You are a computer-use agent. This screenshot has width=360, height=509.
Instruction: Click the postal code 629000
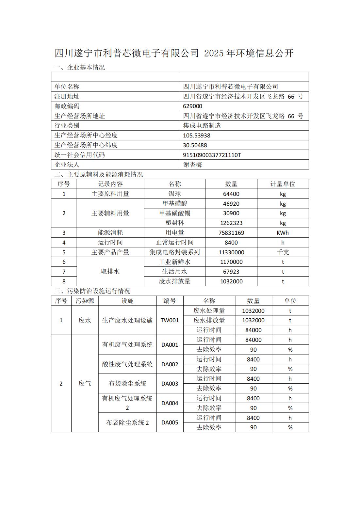tap(193, 106)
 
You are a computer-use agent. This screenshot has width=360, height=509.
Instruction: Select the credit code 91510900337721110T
tap(212, 155)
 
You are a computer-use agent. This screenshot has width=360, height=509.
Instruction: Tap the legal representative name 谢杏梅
tap(193, 165)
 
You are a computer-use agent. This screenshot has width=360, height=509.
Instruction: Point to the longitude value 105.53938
tap(197, 135)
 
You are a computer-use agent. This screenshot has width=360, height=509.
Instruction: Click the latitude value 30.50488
tap(195, 145)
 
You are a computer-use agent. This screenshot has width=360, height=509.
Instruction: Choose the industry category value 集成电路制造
tap(202, 125)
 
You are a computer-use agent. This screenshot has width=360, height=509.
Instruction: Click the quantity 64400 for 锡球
tap(231, 194)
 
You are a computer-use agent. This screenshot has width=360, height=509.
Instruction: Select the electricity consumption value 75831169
tap(231, 233)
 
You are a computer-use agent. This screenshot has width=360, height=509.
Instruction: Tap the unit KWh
tap(283, 233)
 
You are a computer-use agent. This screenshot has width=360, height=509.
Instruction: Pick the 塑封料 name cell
tap(174, 223)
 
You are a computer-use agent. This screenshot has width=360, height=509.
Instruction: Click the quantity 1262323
tap(231, 223)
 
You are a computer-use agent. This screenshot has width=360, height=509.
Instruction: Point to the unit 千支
tap(283, 252)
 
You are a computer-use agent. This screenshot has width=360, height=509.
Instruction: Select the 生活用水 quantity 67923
tap(231, 272)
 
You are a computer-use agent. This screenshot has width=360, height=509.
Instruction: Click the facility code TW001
tap(170, 320)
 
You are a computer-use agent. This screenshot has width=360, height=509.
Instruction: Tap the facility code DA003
tap(170, 384)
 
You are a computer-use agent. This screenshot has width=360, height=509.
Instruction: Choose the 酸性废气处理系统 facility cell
tap(127, 364)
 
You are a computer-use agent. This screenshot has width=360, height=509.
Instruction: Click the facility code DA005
tap(170, 422)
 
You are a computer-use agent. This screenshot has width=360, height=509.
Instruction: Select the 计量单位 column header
tap(283, 184)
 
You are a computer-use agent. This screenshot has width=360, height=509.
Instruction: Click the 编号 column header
tap(170, 301)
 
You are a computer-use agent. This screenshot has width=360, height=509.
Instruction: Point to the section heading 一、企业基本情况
tap(79, 68)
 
